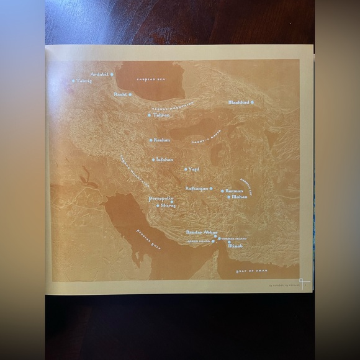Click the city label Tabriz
click(x=83, y=81)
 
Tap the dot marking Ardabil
click(x=112, y=74)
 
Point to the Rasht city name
click(x=120, y=94)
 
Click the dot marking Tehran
click(x=149, y=115)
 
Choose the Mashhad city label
click(x=238, y=102)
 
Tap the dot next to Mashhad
click(x=252, y=102)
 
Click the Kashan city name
click(x=162, y=140)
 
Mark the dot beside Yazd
click(x=186, y=169)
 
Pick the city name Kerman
click(x=234, y=191)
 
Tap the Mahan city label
click(x=240, y=197)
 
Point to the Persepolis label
click(x=160, y=199)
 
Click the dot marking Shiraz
click(x=158, y=205)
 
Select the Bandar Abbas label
click(x=200, y=232)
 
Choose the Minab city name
click(x=236, y=246)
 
